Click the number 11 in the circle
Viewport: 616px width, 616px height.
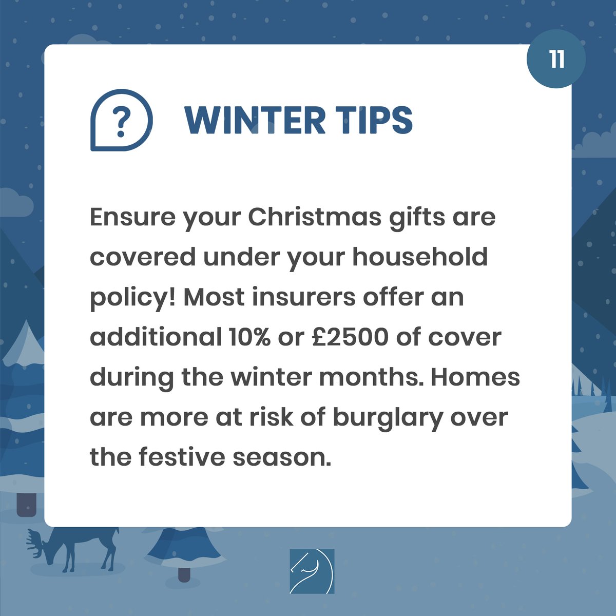click(556, 59)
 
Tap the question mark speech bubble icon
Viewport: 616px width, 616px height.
click(122, 120)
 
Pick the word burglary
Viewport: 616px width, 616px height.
click(387, 418)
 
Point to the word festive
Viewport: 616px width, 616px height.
click(182, 457)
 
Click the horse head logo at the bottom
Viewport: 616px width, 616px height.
click(312, 571)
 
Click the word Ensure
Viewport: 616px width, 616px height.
click(125, 217)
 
